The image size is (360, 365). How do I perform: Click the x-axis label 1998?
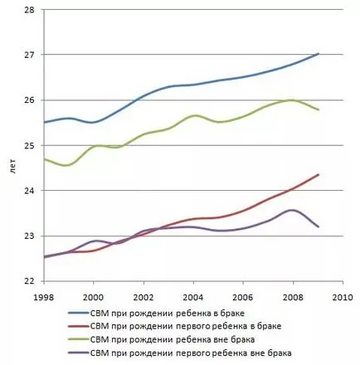click(x=43, y=297)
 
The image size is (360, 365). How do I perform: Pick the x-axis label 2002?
click(x=144, y=297)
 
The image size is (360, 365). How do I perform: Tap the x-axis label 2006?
click(x=243, y=297)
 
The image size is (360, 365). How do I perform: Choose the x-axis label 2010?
click(x=343, y=297)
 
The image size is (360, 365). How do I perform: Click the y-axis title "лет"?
click(x=13, y=167)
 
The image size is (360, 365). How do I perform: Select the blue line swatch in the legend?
click(x=79, y=313)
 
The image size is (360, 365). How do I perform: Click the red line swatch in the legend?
click(x=79, y=326)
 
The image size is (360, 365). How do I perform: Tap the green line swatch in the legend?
click(x=79, y=339)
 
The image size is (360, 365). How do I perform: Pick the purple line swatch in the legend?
click(x=79, y=353)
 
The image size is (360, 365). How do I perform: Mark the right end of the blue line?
click(x=319, y=54)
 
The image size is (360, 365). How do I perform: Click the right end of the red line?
click(x=319, y=174)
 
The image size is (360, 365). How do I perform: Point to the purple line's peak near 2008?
click(x=292, y=210)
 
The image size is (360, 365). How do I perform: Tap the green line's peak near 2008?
click(x=291, y=100)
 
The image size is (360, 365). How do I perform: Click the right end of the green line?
click(x=319, y=109)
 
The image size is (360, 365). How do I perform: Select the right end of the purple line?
click(x=319, y=226)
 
